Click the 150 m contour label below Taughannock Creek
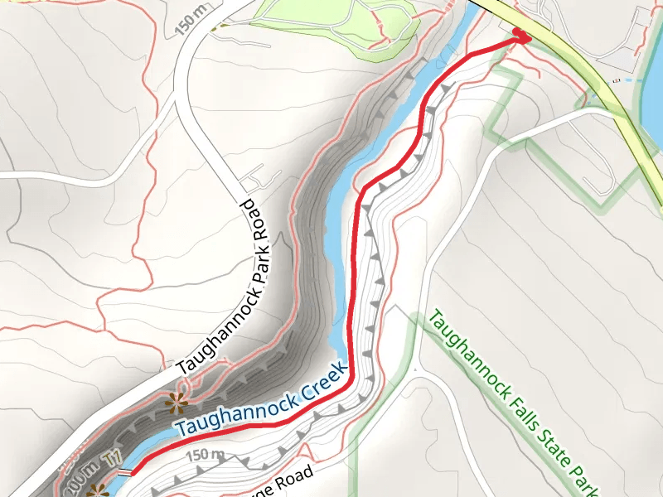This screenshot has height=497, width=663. coord(206,455)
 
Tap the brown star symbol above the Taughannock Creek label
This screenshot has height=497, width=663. coord(176,403)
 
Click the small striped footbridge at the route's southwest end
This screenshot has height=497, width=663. coord(123,472)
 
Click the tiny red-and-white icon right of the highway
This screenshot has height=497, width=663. coord(616,80)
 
